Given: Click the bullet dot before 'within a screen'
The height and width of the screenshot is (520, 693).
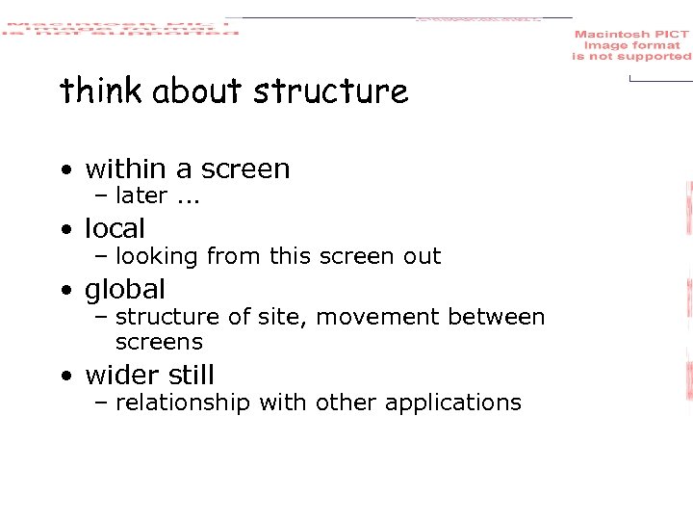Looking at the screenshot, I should pos(64,170).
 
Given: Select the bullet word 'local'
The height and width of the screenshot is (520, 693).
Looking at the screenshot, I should pos(115,228).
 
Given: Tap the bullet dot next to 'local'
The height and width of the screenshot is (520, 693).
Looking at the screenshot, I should pos(64,230).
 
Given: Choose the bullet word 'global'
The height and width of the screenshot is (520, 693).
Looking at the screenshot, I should pos(125,289).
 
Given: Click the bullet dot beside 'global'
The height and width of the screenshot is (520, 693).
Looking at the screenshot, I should pos(64,291).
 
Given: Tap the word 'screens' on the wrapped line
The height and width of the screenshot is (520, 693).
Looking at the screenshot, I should pos(159,342).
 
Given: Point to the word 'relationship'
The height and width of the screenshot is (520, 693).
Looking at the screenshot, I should pos(182,403).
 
